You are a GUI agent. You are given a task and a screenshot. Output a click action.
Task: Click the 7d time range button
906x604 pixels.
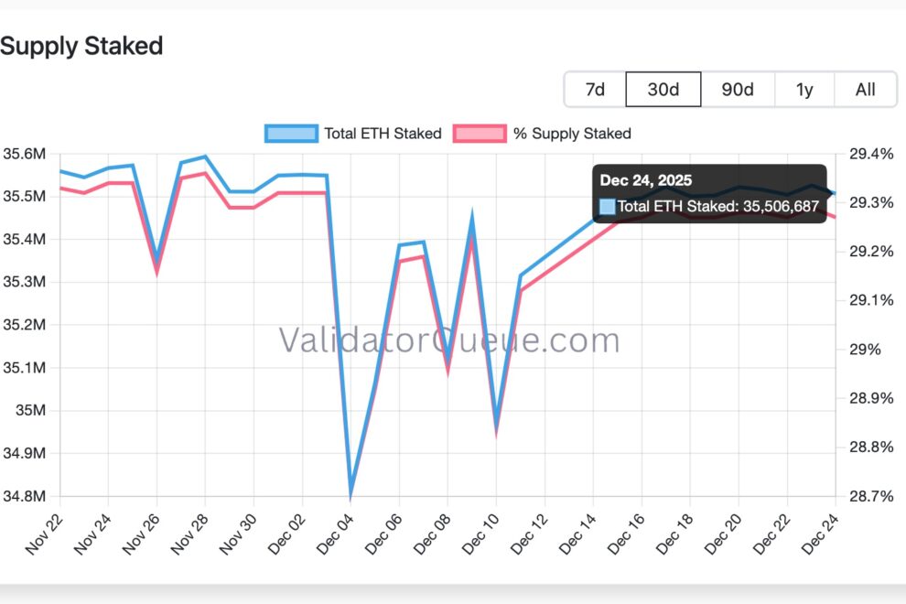pos(595,90)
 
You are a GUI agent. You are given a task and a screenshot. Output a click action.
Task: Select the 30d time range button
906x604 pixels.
pos(663,90)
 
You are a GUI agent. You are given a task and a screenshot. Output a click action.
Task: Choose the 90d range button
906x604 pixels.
pos(738,90)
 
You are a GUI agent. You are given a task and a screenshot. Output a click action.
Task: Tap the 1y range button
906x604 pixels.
pos(804,90)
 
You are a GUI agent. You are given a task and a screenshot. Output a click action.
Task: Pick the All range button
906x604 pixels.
pos(865,90)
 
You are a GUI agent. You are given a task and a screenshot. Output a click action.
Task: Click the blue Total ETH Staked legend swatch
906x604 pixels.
pos(291,134)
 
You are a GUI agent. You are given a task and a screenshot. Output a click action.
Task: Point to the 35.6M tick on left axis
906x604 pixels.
pos(25,154)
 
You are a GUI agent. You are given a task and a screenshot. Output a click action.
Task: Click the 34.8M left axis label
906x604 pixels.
pos(25,496)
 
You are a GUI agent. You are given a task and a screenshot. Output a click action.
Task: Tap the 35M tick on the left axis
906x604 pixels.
pos(30,410)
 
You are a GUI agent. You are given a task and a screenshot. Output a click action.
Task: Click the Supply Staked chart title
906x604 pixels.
pos(81,46)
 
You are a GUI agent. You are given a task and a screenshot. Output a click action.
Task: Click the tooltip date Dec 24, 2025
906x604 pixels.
pos(646,180)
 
